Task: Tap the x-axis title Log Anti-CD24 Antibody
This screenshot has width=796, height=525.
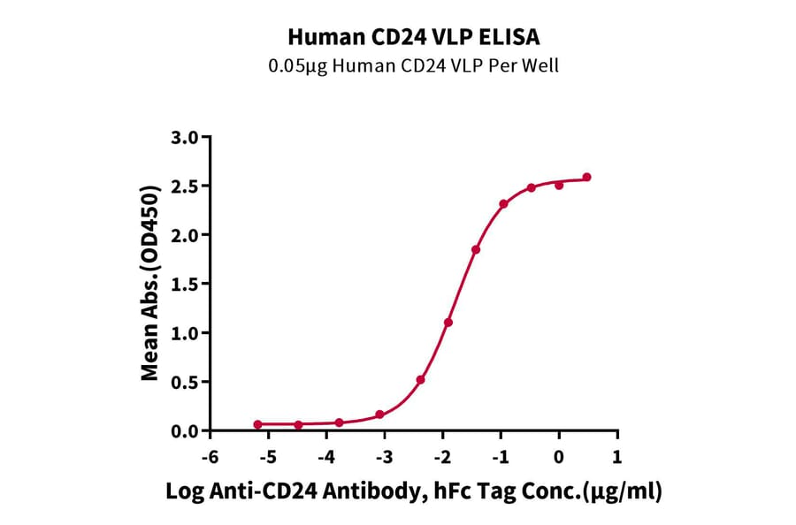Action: (414, 491)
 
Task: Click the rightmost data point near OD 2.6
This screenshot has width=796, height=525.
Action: (586, 178)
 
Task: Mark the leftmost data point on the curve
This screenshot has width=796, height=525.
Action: (257, 424)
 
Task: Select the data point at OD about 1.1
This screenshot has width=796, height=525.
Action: (448, 323)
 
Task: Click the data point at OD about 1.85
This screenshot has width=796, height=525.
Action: (476, 249)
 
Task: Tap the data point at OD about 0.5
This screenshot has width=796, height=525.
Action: (421, 380)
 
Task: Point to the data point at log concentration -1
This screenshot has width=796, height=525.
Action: (503, 204)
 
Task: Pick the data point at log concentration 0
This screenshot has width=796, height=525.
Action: (559, 186)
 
